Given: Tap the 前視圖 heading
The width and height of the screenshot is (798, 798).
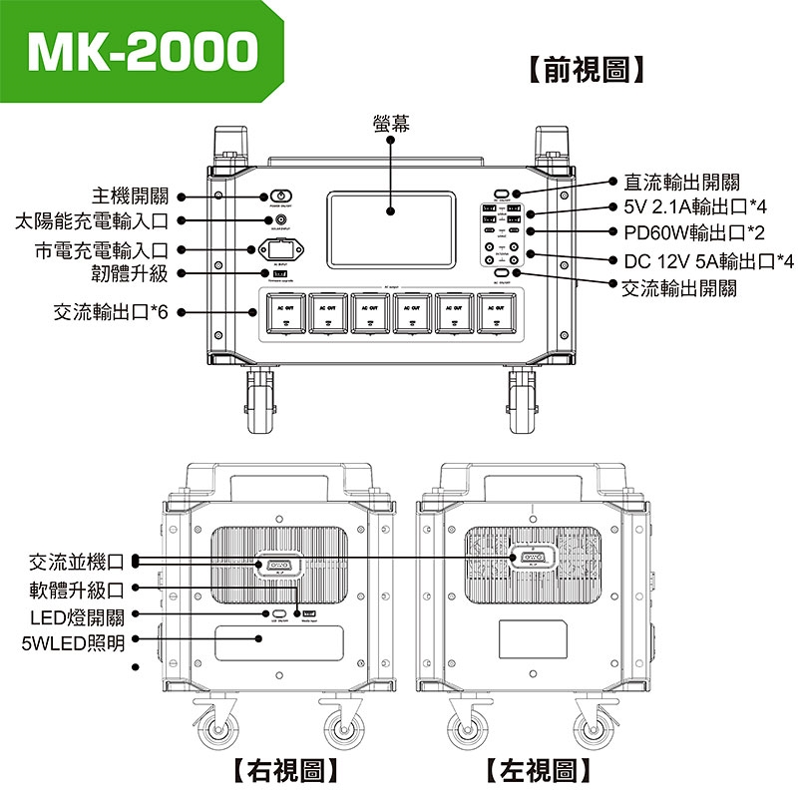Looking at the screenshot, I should pyautogui.click(x=585, y=70).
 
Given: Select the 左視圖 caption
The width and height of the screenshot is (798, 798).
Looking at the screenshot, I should pyautogui.click(x=539, y=769).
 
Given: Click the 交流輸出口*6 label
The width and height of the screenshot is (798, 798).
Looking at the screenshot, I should pyautogui.click(x=114, y=312).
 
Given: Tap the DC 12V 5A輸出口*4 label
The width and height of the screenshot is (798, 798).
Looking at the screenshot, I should pyautogui.click(x=707, y=261).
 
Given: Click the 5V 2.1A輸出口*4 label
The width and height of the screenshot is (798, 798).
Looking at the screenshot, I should pyautogui.click(x=694, y=208).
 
